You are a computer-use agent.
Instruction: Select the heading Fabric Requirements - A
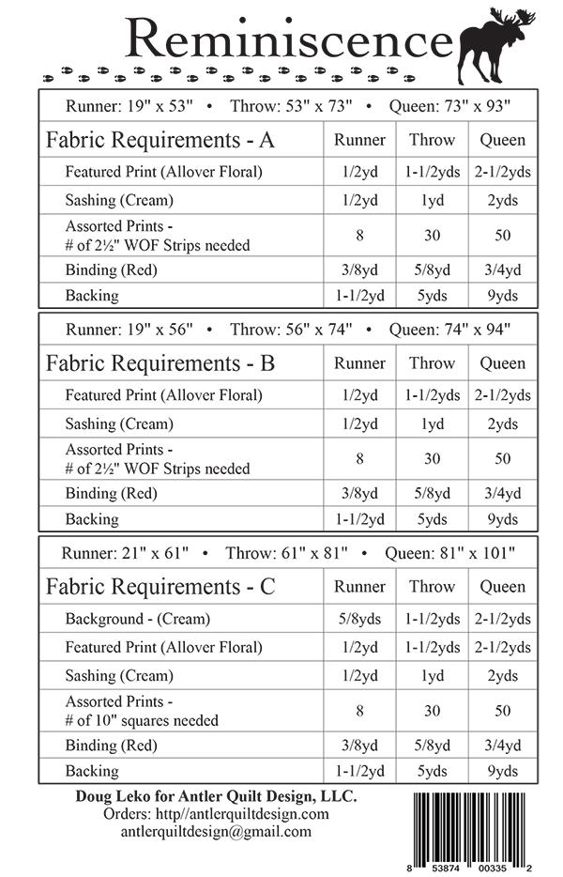tap(160, 141)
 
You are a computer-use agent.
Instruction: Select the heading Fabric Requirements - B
tap(160, 363)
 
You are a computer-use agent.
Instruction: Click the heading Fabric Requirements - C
tap(160, 587)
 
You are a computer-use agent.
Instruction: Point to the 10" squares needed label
tap(142, 720)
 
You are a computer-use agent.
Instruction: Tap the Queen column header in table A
tap(503, 140)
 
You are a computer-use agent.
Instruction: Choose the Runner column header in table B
tap(360, 363)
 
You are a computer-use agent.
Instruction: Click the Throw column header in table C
tap(432, 587)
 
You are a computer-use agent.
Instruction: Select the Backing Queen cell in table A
tap(503, 296)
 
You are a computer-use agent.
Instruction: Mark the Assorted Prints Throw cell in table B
tap(432, 458)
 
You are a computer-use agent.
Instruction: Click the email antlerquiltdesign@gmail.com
tap(216, 831)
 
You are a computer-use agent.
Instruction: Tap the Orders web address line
tap(216, 813)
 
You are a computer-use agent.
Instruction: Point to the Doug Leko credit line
tap(216, 795)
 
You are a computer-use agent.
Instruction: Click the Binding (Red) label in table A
tap(111, 269)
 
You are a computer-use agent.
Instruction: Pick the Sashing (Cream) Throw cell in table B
tap(432, 423)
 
